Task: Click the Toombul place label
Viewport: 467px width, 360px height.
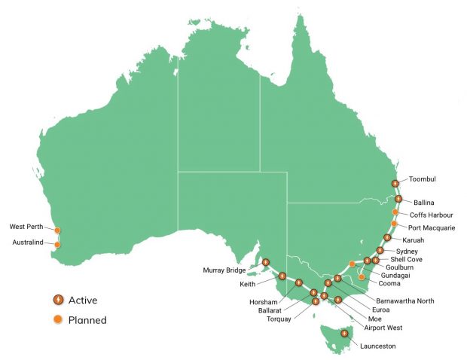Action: point(423,179)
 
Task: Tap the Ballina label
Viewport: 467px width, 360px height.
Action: point(424,203)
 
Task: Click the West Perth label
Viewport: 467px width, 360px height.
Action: point(27,226)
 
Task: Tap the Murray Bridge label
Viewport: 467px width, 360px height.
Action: point(225,270)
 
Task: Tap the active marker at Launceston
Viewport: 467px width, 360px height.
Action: point(344,333)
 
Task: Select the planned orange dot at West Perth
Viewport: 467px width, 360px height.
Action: point(58,230)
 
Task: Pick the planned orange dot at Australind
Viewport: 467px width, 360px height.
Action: point(57,244)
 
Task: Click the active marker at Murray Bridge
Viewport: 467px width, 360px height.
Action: point(266,263)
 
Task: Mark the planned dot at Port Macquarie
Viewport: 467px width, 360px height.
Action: point(394,224)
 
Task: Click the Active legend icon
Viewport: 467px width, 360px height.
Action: point(57,300)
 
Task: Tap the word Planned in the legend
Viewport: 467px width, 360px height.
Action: point(87,320)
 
